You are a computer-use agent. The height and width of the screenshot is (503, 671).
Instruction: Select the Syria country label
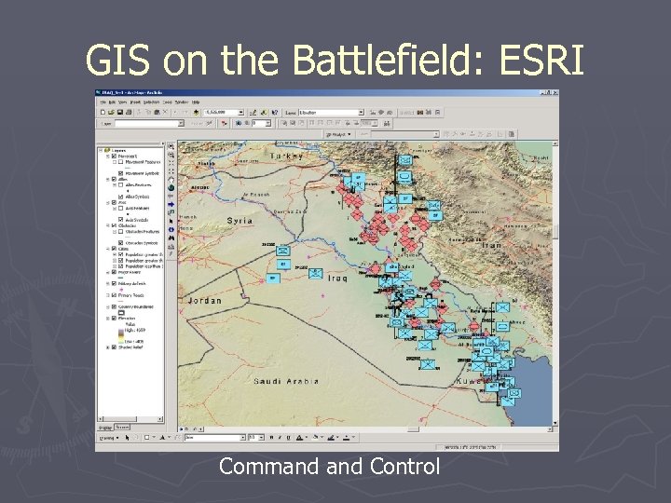coord(240,221)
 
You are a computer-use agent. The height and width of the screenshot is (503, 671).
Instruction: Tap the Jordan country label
coord(206,301)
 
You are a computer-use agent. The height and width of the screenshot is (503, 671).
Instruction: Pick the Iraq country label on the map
coord(336,279)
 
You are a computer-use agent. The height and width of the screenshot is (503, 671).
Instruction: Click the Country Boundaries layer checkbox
coord(113,306)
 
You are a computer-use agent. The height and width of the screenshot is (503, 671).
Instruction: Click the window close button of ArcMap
coord(555,94)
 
